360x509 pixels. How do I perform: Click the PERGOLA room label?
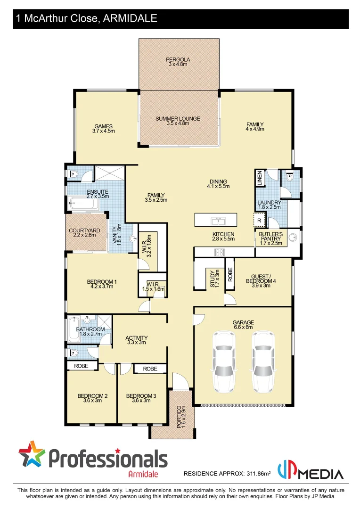178,62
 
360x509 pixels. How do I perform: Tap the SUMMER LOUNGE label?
178,121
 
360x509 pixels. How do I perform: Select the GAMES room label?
103,129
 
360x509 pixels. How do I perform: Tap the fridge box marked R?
260,220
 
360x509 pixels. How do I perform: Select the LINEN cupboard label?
259,178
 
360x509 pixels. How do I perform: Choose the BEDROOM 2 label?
92,398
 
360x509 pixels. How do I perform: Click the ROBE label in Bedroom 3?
150,369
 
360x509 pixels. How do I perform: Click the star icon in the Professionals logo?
32,454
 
